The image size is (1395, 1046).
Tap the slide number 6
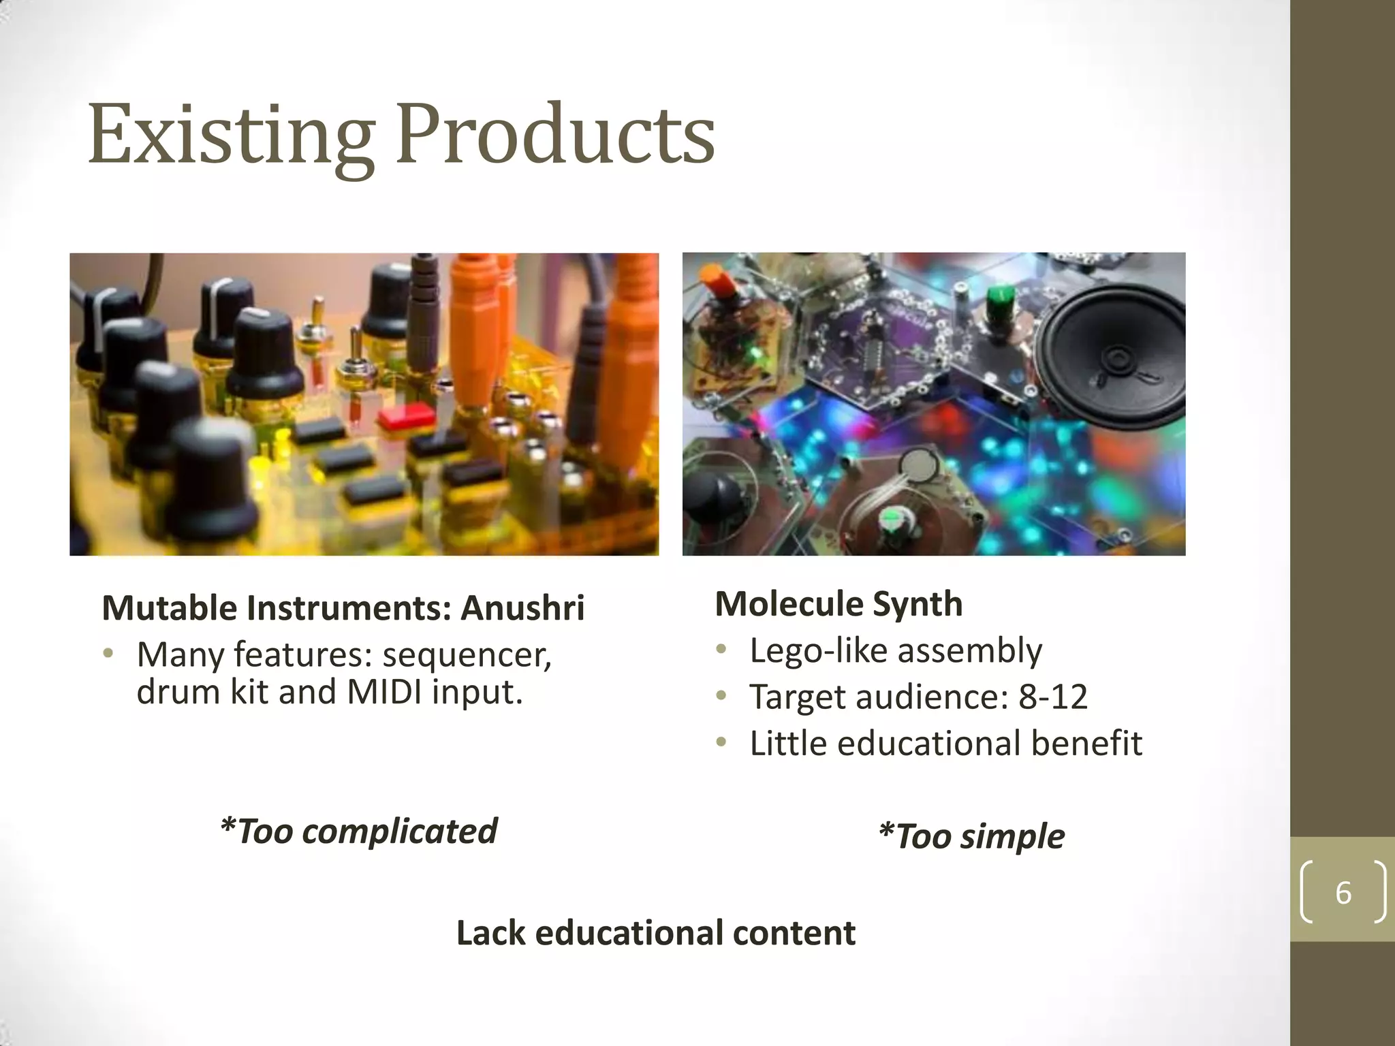pos(1343,893)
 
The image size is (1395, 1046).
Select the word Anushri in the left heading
pos(522,608)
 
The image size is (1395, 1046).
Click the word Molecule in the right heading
pos(788,605)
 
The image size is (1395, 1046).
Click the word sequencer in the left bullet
pos(467,655)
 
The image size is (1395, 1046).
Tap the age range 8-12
pos(1053,697)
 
